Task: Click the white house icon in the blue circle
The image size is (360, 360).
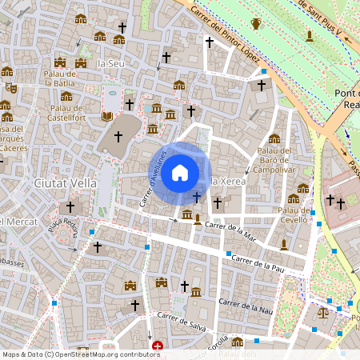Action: click(180, 172)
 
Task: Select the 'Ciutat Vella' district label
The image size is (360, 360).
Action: click(65, 182)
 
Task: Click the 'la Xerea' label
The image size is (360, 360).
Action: click(227, 182)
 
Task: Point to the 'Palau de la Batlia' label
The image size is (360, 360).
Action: click(60, 78)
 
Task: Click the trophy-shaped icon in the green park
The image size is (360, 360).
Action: click(256, 24)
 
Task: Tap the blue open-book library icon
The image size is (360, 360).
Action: click(107, 117)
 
